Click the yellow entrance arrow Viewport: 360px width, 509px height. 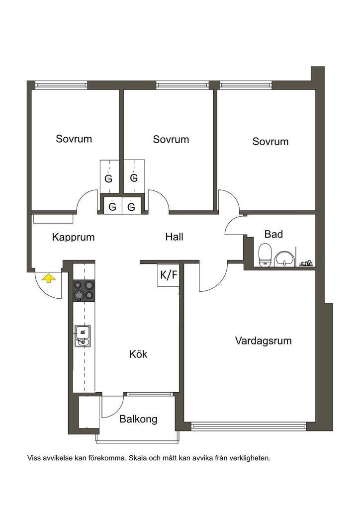pyautogui.click(x=49, y=278)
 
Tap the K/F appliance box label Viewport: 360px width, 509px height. pyautogui.click(x=169, y=275)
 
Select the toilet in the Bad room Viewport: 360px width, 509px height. pyautogui.click(x=265, y=255)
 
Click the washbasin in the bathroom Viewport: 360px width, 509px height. pyautogui.click(x=284, y=258)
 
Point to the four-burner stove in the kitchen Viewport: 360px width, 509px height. pyautogui.click(x=84, y=290)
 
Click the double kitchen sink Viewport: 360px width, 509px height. pyautogui.click(x=83, y=336)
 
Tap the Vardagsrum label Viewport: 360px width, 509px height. pyautogui.click(x=263, y=341)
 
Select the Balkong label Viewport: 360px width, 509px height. pyautogui.click(x=138, y=419)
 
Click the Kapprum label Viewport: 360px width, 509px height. pyautogui.click(x=74, y=237)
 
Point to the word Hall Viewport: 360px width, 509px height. pyautogui.click(x=175, y=237)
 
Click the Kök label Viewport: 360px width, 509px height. pyautogui.click(x=138, y=353)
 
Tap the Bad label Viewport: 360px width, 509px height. pyautogui.click(x=273, y=234)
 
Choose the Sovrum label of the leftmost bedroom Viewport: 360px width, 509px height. pyautogui.click(x=74, y=139)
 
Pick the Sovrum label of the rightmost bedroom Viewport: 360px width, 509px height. pyautogui.click(x=270, y=142)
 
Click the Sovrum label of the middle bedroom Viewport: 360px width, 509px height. pyautogui.click(x=171, y=139)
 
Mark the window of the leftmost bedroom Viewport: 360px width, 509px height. pyautogui.click(x=61, y=85)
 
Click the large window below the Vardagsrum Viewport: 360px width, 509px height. pyautogui.click(x=249, y=426)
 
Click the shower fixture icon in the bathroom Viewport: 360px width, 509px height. pyautogui.click(x=306, y=263)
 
